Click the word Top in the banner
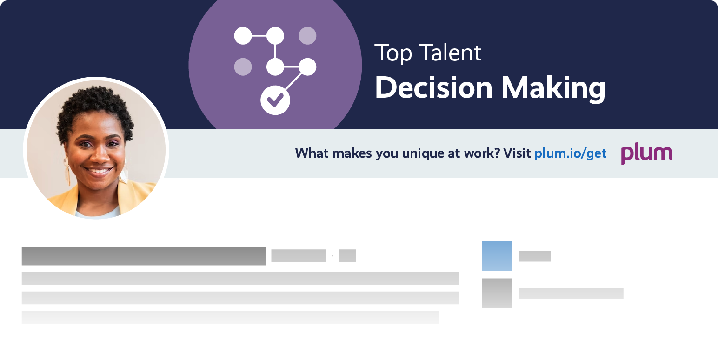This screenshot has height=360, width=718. tap(392, 53)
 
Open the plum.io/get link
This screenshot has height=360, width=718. tap(571, 153)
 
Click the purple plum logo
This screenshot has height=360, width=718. tap(646, 153)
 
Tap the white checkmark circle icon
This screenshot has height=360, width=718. tap(275, 99)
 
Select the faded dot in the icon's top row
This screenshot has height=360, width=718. tap(307, 36)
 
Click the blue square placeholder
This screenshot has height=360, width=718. tap(497, 256)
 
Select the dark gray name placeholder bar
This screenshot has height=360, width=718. tap(144, 256)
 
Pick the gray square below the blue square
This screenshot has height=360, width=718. tap(497, 293)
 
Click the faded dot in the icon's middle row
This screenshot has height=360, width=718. tap(243, 67)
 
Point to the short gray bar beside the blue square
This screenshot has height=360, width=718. tap(534, 256)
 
